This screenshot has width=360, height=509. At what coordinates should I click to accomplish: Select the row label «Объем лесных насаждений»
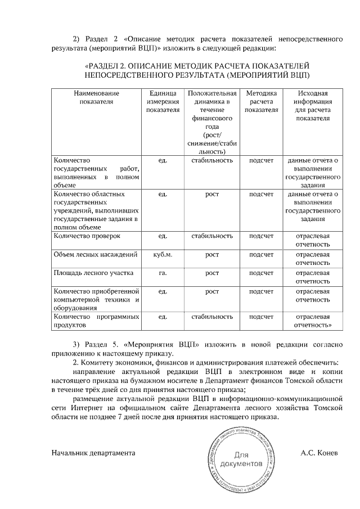pos(95,255)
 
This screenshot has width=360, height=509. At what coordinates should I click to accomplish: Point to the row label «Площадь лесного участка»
pos(93,274)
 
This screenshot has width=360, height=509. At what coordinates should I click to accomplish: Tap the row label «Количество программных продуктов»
pos(96,321)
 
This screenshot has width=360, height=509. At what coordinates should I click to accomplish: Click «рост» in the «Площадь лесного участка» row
pos(212,274)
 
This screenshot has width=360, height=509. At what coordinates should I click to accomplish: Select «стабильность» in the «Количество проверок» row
pos(212,236)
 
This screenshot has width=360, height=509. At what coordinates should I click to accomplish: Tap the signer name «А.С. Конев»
pos(319,453)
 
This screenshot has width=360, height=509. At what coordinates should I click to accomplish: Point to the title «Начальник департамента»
pos(93,453)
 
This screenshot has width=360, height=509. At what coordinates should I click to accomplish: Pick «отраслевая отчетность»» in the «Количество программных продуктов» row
pos(313,321)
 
